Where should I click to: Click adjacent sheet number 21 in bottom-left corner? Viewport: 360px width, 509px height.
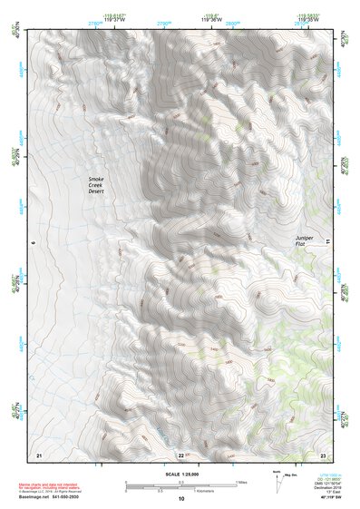38,454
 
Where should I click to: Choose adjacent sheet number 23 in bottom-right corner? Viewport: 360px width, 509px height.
323,454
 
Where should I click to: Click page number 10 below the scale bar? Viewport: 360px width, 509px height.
181,499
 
